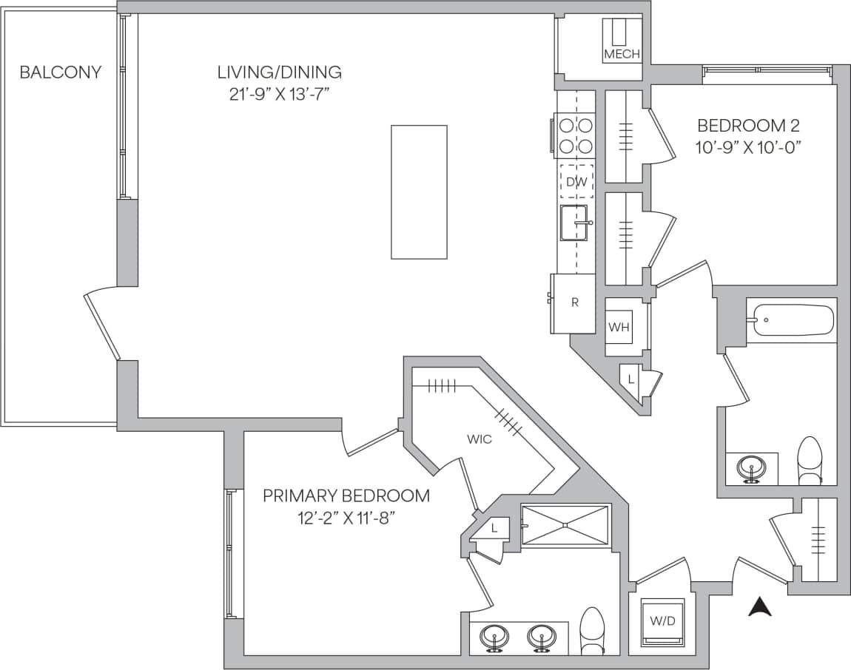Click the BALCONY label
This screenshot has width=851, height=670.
(x=60, y=72)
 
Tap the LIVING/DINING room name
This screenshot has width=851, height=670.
(x=279, y=72)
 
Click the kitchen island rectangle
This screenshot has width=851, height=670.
(x=419, y=192)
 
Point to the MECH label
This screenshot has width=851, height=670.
(x=622, y=54)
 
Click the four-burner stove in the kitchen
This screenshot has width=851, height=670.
(x=575, y=135)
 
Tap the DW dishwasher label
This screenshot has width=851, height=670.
(x=576, y=182)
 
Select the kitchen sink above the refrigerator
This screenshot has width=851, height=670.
(x=576, y=223)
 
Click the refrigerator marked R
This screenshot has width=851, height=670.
(x=574, y=303)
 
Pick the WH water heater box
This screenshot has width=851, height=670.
(x=619, y=327)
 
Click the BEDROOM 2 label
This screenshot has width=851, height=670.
(x=748, y=125)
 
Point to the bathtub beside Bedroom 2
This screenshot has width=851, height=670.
(x=790, y=320)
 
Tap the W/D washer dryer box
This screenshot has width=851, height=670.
(x=662, y=620)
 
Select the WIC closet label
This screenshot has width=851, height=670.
(x=479, y=439)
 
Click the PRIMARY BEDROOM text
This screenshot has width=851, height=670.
(x=346, y=495)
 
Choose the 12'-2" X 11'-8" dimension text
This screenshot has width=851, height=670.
(x=346, y=517)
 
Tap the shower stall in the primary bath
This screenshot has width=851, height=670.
(x=565, y=525)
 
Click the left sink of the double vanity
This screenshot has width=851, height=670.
(x=493, y=636)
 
